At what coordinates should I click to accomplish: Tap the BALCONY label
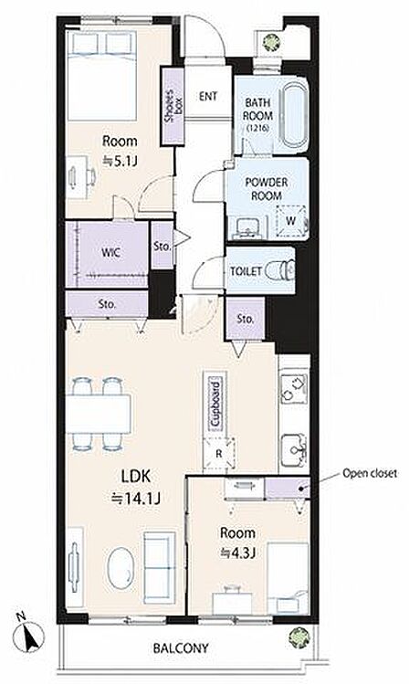point(181,647)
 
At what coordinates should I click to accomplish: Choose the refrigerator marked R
point(219,453)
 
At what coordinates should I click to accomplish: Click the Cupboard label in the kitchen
point(215,405)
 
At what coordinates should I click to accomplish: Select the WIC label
point(110,253)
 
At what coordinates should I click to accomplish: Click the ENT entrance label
point(208,96)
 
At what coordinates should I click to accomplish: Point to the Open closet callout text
point(370,473)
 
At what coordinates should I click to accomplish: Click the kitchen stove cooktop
point(293,388)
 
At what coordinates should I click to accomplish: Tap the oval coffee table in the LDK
point(120,568)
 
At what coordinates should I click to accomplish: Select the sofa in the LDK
point(160,567)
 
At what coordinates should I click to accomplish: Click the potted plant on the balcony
point(299,637)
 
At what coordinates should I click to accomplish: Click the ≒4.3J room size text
point(236,553)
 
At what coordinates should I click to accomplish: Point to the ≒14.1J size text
point(136,498)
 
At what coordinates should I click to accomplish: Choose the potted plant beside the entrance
point(272,42)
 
